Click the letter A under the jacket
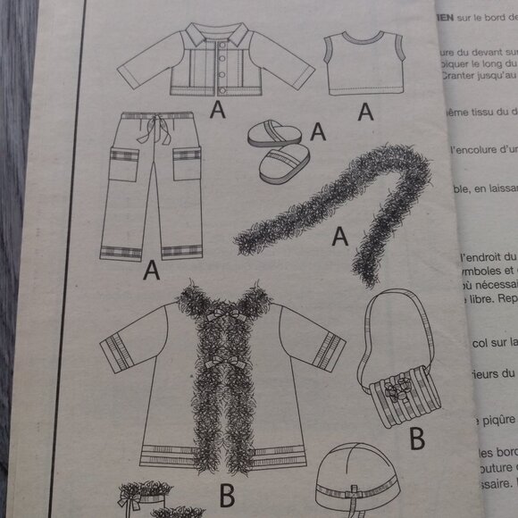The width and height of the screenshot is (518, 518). click(214, 110)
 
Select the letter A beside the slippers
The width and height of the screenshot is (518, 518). click(316, 131)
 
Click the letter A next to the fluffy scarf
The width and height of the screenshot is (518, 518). click(339, 236)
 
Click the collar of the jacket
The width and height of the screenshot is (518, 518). click(218, 36)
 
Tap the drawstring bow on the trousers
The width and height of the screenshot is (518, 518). click(162, 134)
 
